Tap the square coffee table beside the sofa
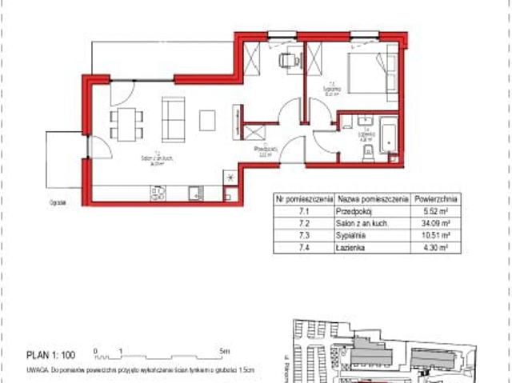tap(207, 120)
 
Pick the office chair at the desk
tap(286, 58)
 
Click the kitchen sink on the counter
tap(194, 192)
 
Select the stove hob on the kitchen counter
tap(158, 192)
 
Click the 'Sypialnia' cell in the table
tap(352, 237)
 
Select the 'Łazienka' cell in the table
tap(352, 249)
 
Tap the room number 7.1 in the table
tap(304, 212)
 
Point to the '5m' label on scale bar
tap(226, 350)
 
